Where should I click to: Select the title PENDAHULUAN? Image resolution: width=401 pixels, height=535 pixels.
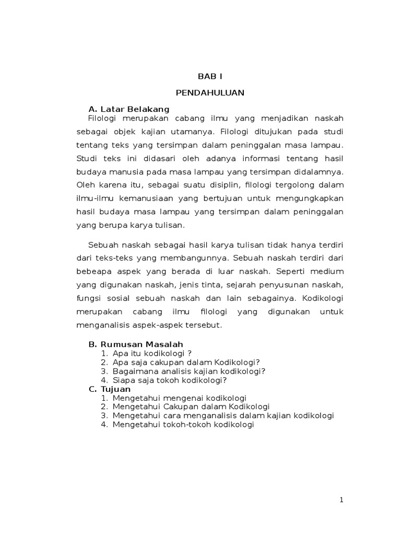210,93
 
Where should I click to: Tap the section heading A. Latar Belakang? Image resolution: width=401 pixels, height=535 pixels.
129,109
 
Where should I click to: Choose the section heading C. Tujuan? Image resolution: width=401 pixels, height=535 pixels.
110,389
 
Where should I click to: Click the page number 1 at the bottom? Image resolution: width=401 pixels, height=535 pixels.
341,499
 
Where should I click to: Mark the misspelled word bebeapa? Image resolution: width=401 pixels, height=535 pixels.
92,272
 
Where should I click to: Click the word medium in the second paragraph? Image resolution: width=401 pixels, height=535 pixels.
329,272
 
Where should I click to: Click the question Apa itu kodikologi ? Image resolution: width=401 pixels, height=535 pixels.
148,353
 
